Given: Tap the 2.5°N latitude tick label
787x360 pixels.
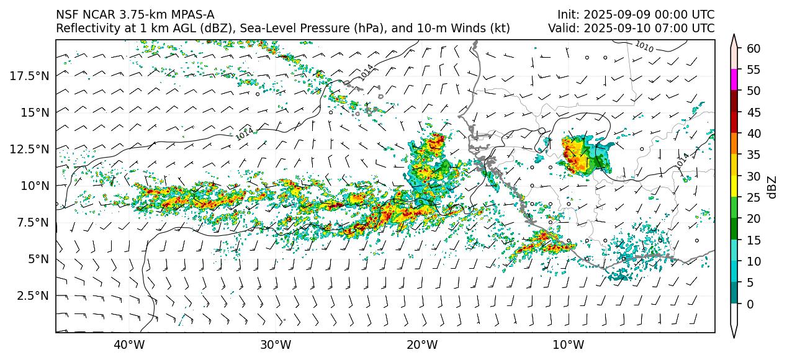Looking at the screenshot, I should pyautogui.click(x=33, y=295).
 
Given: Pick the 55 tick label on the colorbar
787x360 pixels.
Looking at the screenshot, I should pyautogui.click(x=753, y=70).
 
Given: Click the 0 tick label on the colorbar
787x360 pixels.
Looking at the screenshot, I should pyautogui.click(x=750, y=304).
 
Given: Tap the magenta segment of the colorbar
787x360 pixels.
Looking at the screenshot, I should pyautogui.click(x=734, y=79).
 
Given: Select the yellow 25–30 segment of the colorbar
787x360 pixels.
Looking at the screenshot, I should pyautogui.click(x=734, y=186).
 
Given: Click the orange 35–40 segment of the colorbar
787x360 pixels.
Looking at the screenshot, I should pyautogui.click(x=734, y=143).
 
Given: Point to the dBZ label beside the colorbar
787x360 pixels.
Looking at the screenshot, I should pyautogui.click(x=772, y=187).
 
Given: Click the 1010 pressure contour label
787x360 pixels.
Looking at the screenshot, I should pyautogui.click(x=644, y=46).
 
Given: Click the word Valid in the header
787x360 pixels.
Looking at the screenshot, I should pyautogui.click(x=561, y=28).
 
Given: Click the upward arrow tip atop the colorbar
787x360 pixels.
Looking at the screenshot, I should pyautogui.click(x=734, y=36).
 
